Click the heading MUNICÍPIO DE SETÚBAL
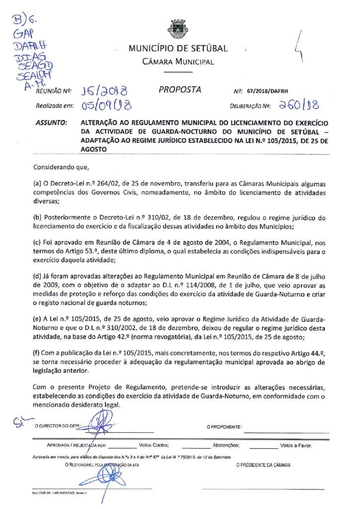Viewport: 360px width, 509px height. (x=178, y=48)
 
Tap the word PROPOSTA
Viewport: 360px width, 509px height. (x=180, y=90)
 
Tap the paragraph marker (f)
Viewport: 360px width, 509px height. (x=37, y=353)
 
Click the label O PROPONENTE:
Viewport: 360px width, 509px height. (x=224, y=427)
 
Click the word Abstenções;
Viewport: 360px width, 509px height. (x=226, y=445)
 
